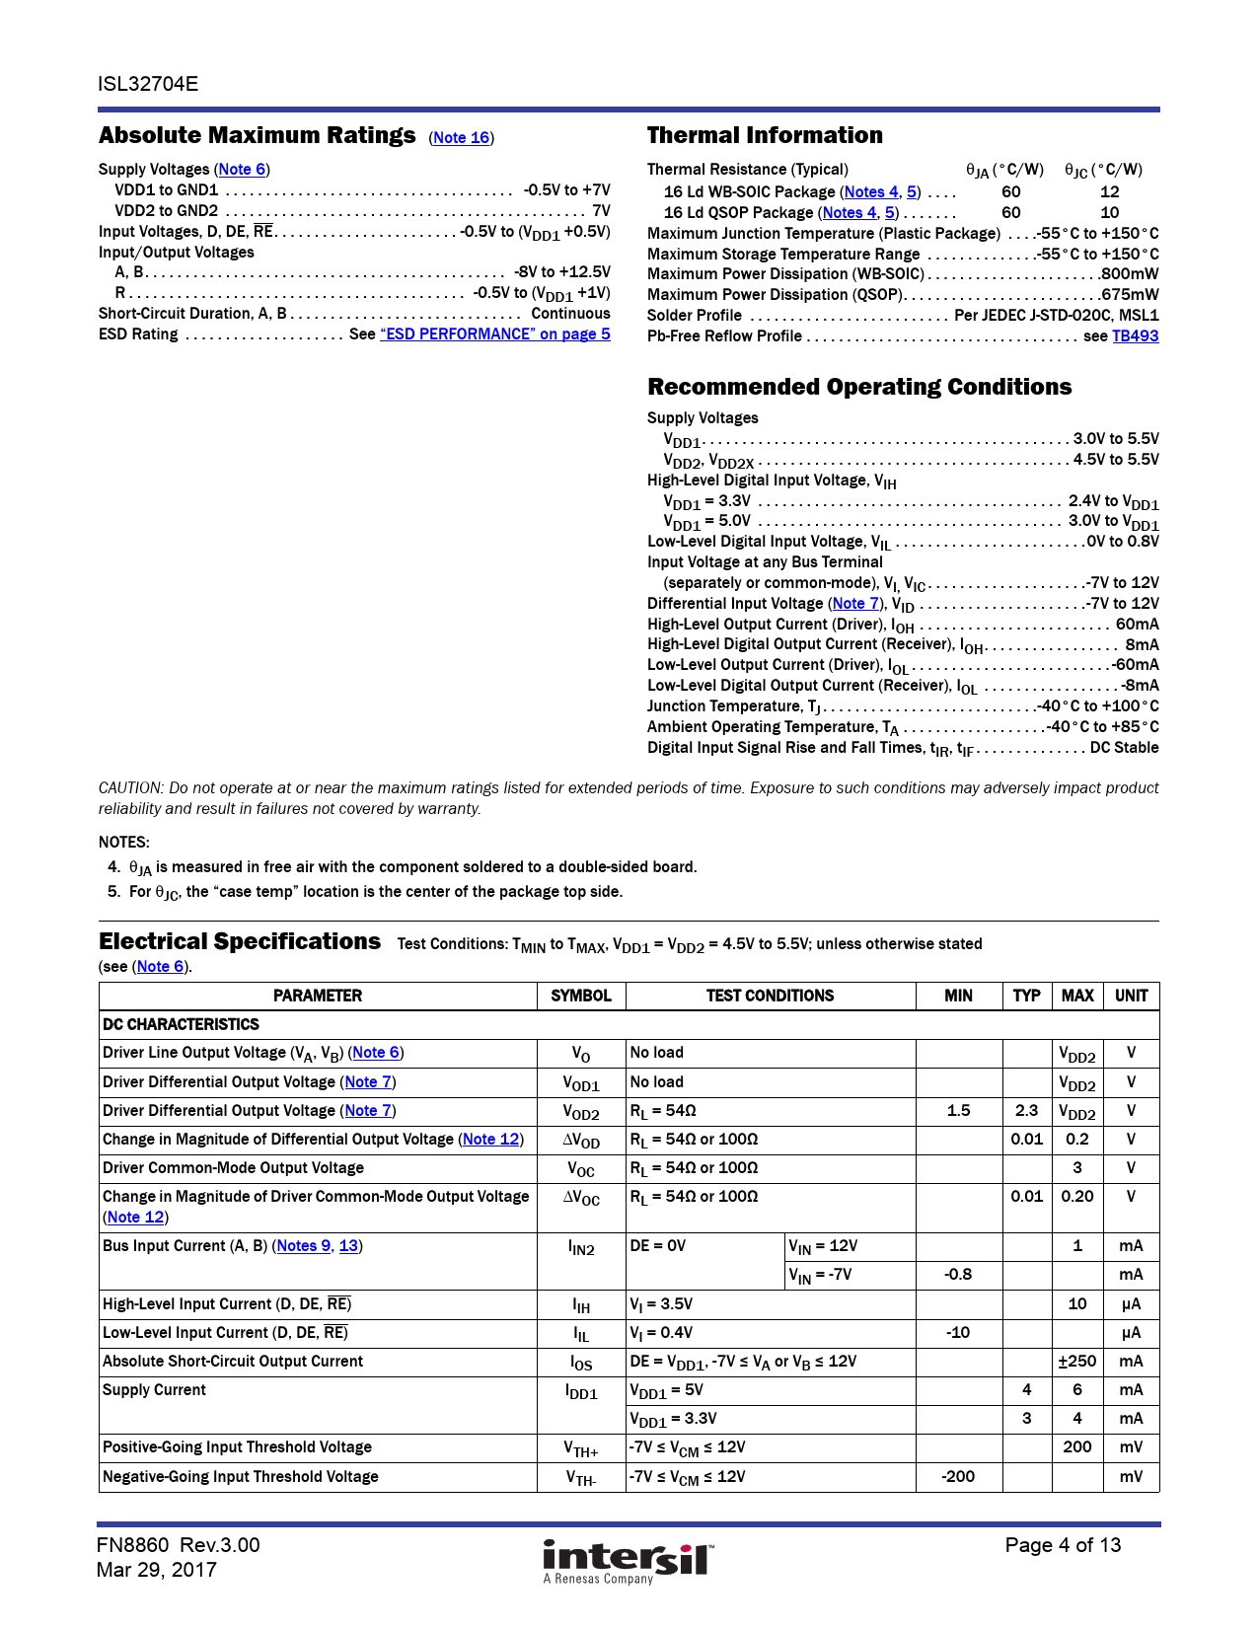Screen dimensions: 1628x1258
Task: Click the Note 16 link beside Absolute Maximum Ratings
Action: [x=462, y=138]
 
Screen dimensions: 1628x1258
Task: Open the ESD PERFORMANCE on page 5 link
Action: [x=494, y=334]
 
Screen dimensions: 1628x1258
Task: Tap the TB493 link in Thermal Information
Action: [x=1135, y=336]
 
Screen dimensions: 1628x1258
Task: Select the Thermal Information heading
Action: [x=765, y=136]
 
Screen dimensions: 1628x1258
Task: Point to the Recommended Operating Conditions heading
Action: [x=859, y=387]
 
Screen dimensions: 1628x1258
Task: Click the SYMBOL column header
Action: [x=581, y=996]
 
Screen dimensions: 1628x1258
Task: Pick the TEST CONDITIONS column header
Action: [x=770, y=996]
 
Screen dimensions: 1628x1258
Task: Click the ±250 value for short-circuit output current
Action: [x=1077, y=1362]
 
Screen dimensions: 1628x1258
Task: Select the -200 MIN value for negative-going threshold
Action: [x=958, y=1477]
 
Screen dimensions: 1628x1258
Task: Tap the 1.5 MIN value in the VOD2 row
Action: [x=958, y=1111]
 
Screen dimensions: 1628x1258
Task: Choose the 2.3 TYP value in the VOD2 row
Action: [x=1026, y=1111]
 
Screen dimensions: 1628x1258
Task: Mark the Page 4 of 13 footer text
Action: [x=1063, y=1545]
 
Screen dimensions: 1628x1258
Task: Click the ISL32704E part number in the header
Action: [x=148, y=84]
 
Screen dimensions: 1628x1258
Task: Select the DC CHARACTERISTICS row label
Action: [x=181, y=1025]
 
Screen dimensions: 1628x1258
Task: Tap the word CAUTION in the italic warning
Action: [x=130, y=788]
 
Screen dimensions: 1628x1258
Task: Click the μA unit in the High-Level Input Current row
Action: [x=1131, y=1304]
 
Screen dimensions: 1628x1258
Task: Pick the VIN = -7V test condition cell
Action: [x=820, y=1275]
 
